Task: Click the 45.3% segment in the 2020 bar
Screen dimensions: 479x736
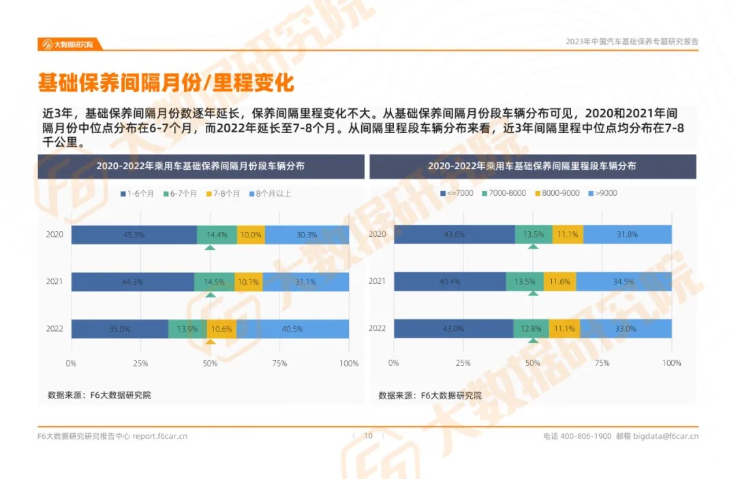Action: click(134, 235)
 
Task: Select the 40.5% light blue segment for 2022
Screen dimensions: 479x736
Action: click(292, 329)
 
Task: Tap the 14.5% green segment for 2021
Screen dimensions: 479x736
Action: click(214, 282)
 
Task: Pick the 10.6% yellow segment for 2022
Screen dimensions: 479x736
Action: click(221, 329)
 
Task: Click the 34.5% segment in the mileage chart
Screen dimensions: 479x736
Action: click(624, 282)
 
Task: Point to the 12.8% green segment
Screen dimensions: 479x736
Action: click(531, 329)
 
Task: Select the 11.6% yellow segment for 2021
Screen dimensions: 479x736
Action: click(559, 282)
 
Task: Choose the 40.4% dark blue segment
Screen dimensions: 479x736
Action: click(450, 282)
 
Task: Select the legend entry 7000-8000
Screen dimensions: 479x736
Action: click(504, 193)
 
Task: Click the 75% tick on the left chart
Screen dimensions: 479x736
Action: click(279, 364)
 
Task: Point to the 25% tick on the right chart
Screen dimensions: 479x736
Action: click(463, 364)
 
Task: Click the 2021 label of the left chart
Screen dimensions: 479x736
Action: click(55, 282)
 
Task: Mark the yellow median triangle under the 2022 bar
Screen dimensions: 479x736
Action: click(211, 342)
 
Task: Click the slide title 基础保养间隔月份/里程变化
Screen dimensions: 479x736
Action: click(166, 83)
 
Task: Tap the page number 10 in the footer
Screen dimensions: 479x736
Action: click(368, 436)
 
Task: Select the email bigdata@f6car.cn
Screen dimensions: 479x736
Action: click(666, 436)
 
